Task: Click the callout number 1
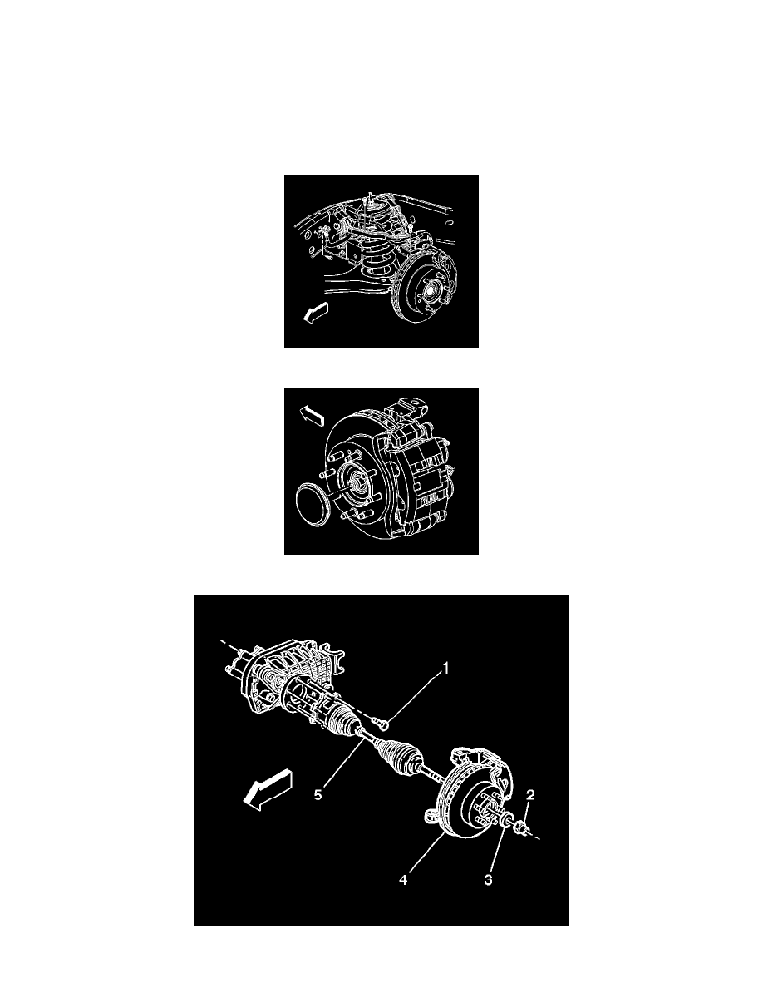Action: coord(445,668)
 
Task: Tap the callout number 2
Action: coord(530,795)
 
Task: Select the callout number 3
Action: coord(488,880)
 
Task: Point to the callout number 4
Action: coord(403,880)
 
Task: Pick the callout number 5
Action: coord(318,794)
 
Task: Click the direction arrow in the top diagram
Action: coord(316,312)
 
